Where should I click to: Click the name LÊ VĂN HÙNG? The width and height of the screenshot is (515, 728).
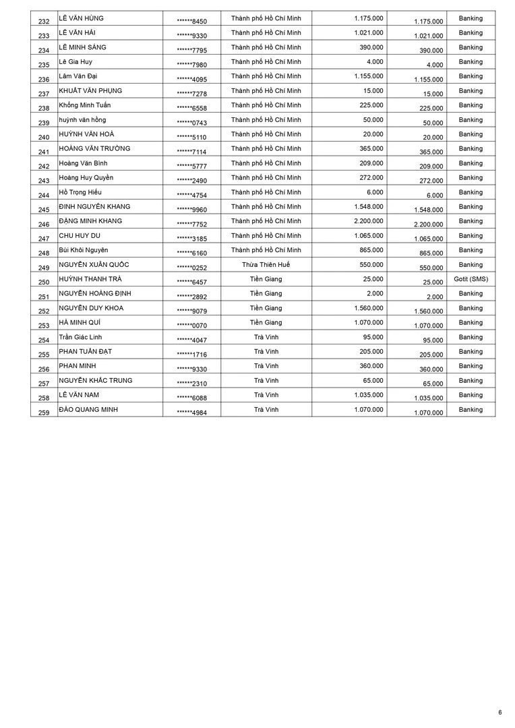point(82,18)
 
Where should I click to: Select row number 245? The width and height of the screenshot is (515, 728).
point(44,210)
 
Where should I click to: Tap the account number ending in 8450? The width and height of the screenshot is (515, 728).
point(191,22)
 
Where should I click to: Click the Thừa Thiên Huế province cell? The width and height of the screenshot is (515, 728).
point(266,264)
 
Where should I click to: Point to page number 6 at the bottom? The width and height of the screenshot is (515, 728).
point(500,712)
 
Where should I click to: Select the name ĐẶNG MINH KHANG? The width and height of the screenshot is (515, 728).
point(90,221)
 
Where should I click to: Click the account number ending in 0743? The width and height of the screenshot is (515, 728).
point(191,123)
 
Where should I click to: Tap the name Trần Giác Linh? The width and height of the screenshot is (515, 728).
point(80,337)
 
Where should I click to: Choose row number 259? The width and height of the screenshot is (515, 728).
point(44,413)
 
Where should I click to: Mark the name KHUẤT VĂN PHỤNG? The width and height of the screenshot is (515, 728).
point(90,91)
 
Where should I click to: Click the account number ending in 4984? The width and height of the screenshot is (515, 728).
point(191,413)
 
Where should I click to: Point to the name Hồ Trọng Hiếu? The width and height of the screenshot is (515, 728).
point(80,192)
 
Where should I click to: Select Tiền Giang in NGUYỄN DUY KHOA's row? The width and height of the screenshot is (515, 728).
point(266,308)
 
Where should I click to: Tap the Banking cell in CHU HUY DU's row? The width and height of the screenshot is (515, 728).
point(471,236)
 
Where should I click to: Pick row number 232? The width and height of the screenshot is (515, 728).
point(44,22)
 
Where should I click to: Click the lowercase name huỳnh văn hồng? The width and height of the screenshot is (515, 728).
point(82,120)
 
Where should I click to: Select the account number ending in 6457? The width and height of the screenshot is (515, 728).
point(191,282)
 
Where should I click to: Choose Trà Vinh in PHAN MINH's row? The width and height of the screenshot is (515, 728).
point(266,366)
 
